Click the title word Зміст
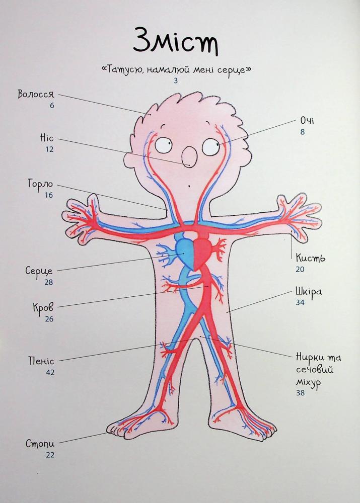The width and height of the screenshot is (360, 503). point(176,41)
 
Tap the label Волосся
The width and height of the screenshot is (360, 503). point(36,94)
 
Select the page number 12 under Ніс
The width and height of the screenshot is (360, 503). point(49,149)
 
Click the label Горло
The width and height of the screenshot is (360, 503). point(40,185)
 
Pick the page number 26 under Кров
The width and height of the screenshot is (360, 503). point(49,319)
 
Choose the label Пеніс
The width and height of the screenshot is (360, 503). point(41,361)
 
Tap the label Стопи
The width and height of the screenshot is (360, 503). point(40,444)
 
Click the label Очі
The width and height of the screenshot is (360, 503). point(307,121)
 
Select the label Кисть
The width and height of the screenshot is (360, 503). point(310,258)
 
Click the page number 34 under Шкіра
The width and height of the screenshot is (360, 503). point(300,302)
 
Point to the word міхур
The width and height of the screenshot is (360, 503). point(308,383)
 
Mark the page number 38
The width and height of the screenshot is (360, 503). point(300,393)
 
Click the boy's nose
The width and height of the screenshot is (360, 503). point(189,157)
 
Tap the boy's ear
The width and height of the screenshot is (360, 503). point(130,160)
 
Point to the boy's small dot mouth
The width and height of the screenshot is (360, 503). point(189,186)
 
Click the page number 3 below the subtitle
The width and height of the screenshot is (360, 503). point(176,81)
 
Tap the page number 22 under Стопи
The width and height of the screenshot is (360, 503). point(50,455)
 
